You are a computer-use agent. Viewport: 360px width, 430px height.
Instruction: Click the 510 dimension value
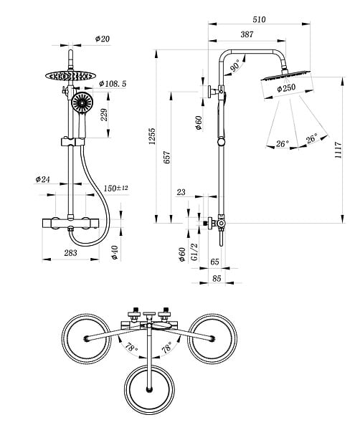(x=259, y=20)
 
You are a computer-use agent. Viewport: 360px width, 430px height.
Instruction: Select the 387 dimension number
(x=247, y=34)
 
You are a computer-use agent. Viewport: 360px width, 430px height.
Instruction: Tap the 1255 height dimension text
(x=152, y=136)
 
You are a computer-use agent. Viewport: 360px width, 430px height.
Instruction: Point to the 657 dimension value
(x=166, y=158)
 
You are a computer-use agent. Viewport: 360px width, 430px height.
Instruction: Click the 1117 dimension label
(x=338, y=150)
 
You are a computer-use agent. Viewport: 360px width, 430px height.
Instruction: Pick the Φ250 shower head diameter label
(x=286, y=88)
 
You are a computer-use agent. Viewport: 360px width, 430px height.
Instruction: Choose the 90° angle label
(x=236, y=67)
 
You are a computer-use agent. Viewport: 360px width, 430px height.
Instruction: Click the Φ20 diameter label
(x=103, y=39)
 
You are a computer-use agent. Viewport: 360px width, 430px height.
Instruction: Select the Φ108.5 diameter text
(x=113, y=84)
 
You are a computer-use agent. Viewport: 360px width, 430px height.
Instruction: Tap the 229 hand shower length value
(x=104, y=115)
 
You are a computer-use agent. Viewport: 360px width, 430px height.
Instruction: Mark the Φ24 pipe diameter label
(x=42, y=179)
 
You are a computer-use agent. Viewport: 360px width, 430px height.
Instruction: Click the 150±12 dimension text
(x=115, y=188)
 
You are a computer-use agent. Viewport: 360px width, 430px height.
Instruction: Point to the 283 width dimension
(x=70, y=253)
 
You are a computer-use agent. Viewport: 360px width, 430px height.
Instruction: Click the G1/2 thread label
(x=194, y=252)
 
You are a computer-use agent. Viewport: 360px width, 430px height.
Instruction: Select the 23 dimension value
(x=181, y=192)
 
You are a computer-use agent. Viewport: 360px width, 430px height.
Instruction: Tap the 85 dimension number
(x=217, y=278)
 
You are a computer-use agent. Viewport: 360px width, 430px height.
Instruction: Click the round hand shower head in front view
(x=82, y=102)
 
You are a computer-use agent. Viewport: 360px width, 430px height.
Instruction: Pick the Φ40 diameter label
(x=115, y=252)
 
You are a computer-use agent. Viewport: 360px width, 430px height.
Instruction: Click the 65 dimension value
(x=214, y=262)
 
